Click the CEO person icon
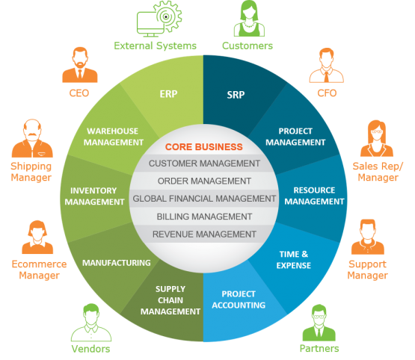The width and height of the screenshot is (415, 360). coord(80,65)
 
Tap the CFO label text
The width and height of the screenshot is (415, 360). coord(327,93)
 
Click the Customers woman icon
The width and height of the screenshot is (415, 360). coord(249,18)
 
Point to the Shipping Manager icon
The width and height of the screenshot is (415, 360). coord(32,138)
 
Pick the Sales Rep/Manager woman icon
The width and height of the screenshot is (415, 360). coord(377,138)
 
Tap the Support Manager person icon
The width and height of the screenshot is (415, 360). coord(368,237)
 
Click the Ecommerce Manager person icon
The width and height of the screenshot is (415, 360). coord(37,237)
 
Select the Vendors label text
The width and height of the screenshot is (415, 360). coord(90,349)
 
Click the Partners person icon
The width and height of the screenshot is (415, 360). coord(319,323)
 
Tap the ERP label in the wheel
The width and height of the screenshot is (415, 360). coord(168,94)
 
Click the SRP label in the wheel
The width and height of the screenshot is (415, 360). coord(236,95)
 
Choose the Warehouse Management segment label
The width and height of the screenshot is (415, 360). coord(114,137)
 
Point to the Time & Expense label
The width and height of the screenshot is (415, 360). coord(294,260)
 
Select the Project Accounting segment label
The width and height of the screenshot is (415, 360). coord(239,300)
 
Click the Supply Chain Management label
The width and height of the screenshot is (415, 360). coord(170,300)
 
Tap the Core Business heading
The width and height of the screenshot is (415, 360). coord(204,147)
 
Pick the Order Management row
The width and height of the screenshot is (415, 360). coord(204,181)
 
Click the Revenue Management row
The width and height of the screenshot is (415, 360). coord(204,235)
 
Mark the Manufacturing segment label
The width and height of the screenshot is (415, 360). coord(117,263)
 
